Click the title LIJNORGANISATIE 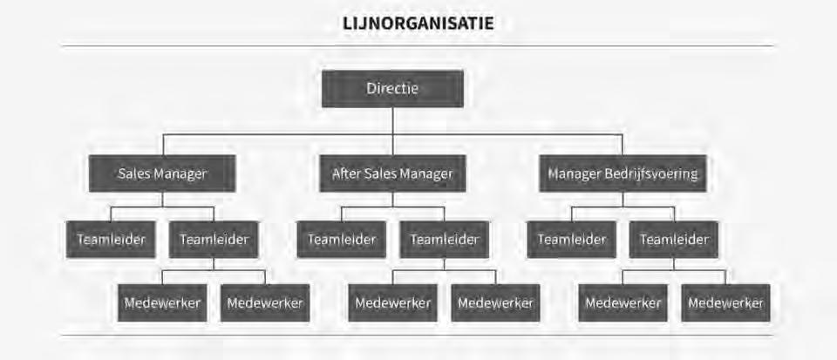[x=418, y=24]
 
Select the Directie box [x=392, y=89]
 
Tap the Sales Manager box [x=162, y=173]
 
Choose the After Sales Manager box [x=392, y=173]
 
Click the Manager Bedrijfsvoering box [x=623, y=173]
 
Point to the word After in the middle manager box [x=346, y=173]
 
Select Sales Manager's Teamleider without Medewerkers [x=111, y=240]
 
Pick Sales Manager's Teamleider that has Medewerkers [x=214, y=240]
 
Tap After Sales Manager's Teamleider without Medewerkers [x=341, y=240]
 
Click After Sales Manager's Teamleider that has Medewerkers [x=444, y=240]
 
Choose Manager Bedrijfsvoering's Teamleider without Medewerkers [x=571, y=240]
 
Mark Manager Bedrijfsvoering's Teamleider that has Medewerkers [x=674, y=240]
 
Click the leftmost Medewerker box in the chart [x=162, y=303]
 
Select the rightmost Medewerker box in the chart [x=725, y=303]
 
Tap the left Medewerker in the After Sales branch [x=392, y=303]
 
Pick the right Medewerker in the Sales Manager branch [x=265, y=303]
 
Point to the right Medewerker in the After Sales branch [x=495, y=303]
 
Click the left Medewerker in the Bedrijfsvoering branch [x=623, y=303]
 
